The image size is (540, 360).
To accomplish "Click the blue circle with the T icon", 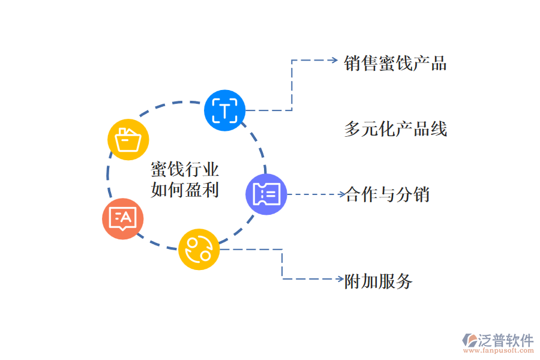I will pos(225,110).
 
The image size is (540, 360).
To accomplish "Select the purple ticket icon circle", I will pos(266,194).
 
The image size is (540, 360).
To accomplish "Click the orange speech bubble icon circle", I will pos(123,218).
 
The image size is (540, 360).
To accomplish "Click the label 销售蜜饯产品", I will pos(395,64).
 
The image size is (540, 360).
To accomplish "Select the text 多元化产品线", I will pos(395,129).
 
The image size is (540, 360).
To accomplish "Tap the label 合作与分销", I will pos(387,194).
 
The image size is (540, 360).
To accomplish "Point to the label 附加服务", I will pos(379,280).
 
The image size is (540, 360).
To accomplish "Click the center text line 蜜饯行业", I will pos(185,170).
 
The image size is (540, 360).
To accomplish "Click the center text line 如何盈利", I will pos(185,190).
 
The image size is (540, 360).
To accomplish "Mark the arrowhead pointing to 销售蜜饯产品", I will pos(335,61).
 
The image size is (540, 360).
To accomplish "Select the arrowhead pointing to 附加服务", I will pos(340,279).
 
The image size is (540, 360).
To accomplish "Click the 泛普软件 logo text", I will pos(505,341).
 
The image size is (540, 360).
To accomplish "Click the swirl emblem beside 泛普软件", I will pos(469,341).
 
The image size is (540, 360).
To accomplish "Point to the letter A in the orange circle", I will pos(128,217).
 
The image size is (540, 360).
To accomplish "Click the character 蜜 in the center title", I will pos(159,170).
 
